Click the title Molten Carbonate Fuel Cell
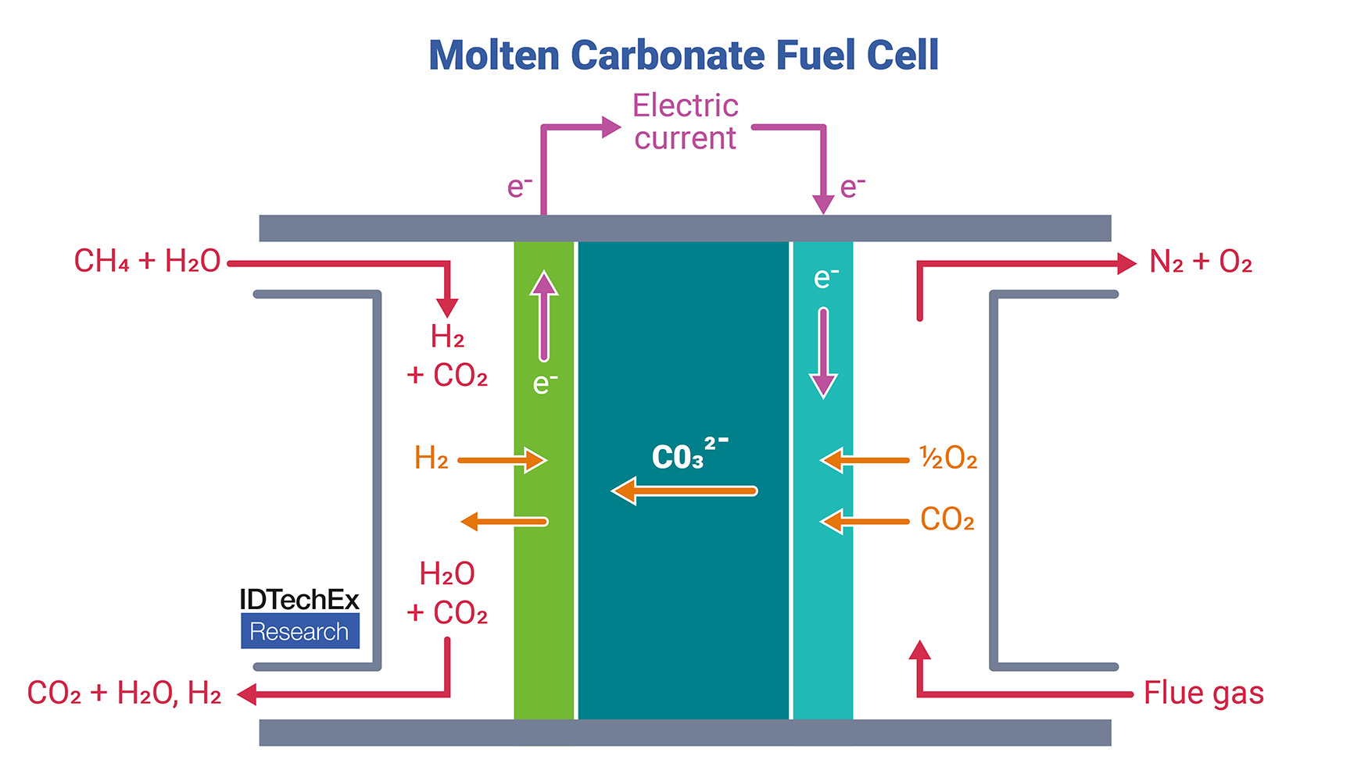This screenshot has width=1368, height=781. coord(683,55)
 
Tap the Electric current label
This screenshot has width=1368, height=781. coord(685,122)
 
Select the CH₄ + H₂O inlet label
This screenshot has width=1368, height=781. coord(147,262)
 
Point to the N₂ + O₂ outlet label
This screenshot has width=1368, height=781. coord(1201,262)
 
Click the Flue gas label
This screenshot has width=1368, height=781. coord(1203,694)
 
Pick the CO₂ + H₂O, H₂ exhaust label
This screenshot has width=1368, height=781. coord(124,694)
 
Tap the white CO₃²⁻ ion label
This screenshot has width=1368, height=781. coord(688,455)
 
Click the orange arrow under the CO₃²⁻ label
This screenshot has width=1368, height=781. coord(684,491)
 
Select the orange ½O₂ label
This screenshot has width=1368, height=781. coord(948,458)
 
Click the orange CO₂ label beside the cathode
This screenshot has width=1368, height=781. coord(947,519)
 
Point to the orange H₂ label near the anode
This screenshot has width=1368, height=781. coord(431,458)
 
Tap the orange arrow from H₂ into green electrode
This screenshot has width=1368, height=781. coord(502,460)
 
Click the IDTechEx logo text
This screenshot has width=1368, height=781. coord(299,600)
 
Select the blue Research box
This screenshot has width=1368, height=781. coord(300,631)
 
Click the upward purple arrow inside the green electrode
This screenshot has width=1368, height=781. coord(544,316)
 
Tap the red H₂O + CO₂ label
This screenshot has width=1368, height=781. coord(447,594)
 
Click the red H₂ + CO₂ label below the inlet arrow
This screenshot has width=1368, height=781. coord(447,356)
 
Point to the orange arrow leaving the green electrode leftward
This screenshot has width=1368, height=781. coord(504,522)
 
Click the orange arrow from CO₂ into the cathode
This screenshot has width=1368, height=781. coord(865,521)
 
